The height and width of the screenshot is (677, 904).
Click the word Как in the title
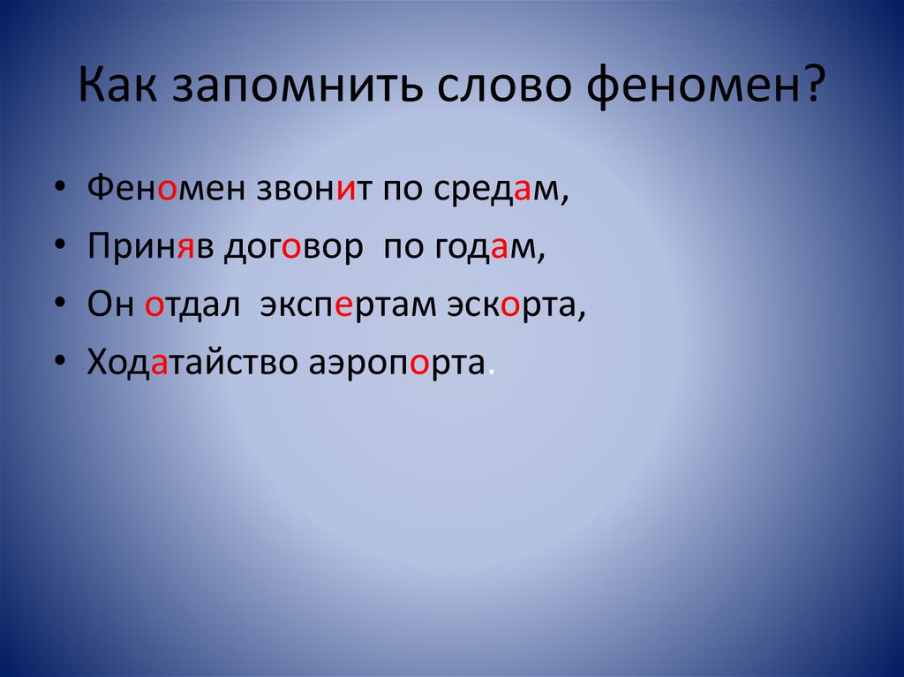point(117,85)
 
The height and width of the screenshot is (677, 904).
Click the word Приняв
point(150,246)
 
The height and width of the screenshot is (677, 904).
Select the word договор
point(294,249)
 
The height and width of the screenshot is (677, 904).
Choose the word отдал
point(192,305)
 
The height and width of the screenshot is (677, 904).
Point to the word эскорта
point(512,305)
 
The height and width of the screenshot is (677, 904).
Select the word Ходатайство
point(192,363)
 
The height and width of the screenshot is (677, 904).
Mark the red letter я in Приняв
point(185,247)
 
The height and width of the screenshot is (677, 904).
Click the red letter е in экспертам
point(343,305)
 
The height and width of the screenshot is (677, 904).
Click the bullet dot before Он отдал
point(60,304)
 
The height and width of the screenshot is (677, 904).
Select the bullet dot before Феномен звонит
point(60,187)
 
